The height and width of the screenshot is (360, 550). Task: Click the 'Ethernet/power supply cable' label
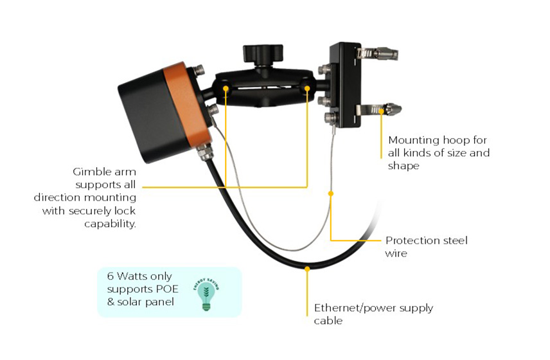(373, 314)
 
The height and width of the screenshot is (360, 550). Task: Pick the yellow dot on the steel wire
(332, 192)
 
